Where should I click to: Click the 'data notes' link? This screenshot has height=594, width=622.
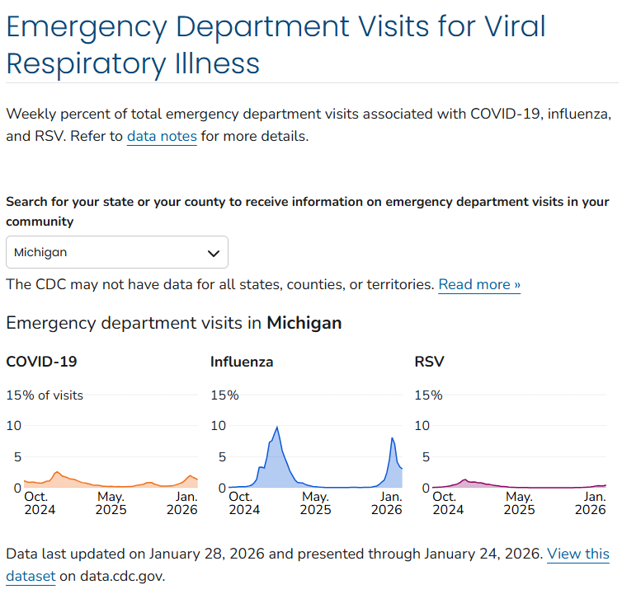pos(162,136)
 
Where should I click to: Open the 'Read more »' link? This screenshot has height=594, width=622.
pos(479,284)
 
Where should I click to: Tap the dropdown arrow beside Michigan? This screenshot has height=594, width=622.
pos(214,252)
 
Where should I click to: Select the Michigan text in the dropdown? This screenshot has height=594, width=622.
pos(40,252)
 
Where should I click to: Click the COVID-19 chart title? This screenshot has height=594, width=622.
pos(41,361)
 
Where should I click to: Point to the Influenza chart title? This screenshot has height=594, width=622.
pos(242,361)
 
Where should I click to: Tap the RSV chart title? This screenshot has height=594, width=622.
pos(429,361)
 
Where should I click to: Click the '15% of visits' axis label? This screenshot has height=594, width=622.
pos(45,395)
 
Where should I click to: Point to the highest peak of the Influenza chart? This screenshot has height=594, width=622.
pos(277,427)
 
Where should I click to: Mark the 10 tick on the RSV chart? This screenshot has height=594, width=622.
pos(422,425)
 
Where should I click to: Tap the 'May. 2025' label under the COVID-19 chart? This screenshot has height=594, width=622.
pos(111,503)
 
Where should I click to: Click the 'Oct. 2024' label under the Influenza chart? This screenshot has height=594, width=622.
pos(243,503)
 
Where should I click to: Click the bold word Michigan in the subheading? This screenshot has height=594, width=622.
pos(304,322)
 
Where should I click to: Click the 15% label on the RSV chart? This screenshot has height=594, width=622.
pos(428,395)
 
